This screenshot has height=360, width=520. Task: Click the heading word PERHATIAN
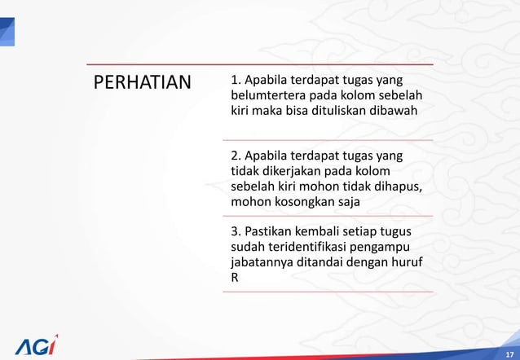coord(142,83)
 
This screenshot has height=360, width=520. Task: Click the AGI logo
coord(36,344)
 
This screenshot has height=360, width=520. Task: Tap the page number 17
coord(509,353)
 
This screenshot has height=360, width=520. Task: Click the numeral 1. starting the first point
coord(236,81)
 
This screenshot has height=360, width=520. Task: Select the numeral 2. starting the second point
coord(236,156)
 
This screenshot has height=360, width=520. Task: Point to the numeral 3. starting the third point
coord(236,231)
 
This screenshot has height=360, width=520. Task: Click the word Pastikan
coord(272,231)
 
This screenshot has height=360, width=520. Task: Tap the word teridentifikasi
coord(314,247)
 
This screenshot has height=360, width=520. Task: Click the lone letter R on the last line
coord(236,278)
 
